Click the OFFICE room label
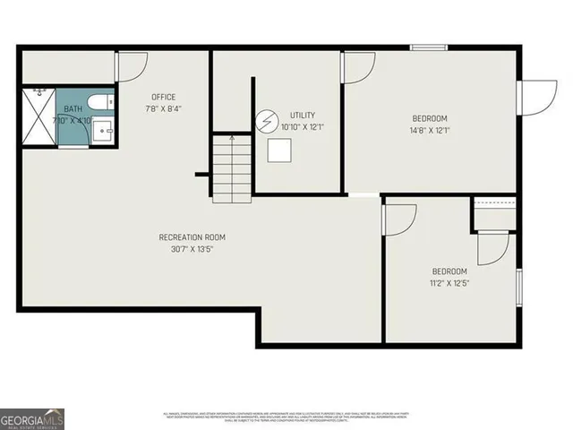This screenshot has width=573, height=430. point(163,97)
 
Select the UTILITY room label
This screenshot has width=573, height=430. point(303,116)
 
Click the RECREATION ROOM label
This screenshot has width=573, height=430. point(192,237)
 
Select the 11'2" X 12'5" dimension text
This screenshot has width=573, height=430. point(449,283)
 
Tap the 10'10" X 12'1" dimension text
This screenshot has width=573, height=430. point(303,127)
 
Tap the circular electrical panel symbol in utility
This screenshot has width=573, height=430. point(267,119)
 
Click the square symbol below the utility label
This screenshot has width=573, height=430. point(278,151)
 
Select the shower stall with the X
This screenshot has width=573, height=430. point(38,116)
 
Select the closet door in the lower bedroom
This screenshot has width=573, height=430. point(493,248)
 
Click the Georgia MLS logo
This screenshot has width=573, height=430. point(32,418)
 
